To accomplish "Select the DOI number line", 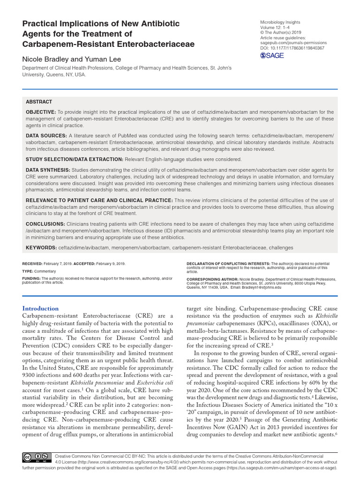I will [292, 48].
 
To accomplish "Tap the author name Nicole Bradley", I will [47, 59].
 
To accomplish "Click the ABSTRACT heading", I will [39, 102].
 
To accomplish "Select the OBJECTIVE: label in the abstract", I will [41, 112].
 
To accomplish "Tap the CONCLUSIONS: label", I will [45, 224].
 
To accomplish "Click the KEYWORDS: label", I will [41, 247].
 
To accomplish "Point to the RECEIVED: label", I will [33, 264].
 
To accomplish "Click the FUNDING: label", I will [31, 278].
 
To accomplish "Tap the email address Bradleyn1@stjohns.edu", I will [260, 287].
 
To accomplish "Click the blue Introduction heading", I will [41, 308].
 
